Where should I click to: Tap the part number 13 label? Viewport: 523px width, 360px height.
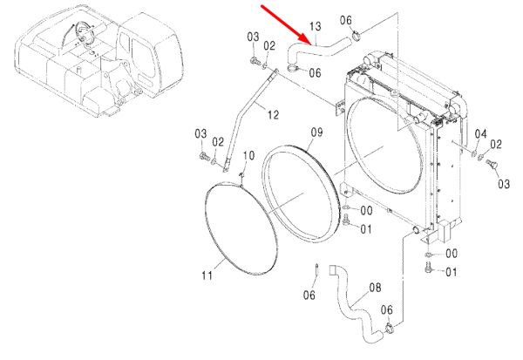316,26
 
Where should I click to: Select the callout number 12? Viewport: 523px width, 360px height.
273,115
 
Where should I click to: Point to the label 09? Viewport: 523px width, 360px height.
317,132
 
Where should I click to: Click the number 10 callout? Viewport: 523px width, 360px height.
248,155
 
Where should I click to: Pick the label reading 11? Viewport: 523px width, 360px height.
207,275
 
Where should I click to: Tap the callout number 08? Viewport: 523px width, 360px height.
375,288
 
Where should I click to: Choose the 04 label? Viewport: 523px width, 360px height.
480,134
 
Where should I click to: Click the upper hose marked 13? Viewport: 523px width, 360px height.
317,50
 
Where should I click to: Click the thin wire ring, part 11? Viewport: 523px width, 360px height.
241,228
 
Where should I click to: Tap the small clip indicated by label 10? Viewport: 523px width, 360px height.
241,174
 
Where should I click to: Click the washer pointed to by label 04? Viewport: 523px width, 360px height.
473,153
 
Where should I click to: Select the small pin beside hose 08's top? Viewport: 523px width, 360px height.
316,269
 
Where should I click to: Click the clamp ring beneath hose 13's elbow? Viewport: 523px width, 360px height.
293,69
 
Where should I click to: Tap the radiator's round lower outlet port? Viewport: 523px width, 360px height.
417,230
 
